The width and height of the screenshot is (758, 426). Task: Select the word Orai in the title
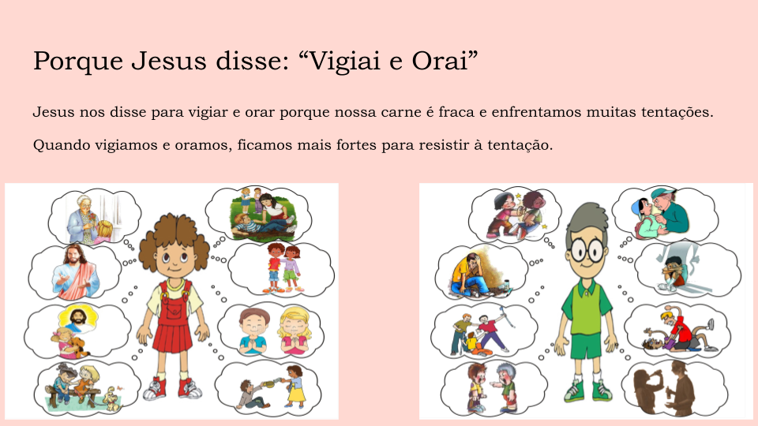click(x=440, y=61)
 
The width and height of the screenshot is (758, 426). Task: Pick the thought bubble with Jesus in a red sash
click(x=75, y=272)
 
